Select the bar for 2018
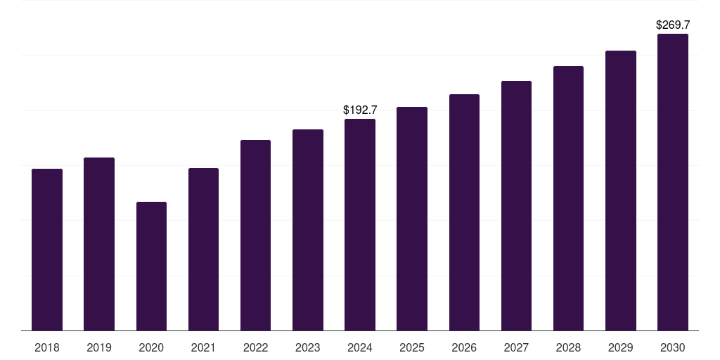47,250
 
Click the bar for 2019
99,244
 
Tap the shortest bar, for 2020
151,266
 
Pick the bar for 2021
203,249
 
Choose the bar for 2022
255,235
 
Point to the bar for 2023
308,230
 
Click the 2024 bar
360,224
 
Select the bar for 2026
464,212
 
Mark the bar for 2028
568,198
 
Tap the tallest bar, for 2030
673,182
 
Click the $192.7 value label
360,110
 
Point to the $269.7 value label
673,25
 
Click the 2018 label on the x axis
47,347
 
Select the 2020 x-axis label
151,347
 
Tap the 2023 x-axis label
308,347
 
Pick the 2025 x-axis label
412,347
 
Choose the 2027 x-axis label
516,347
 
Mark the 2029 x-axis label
621,347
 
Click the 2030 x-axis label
673,347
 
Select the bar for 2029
621,191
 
